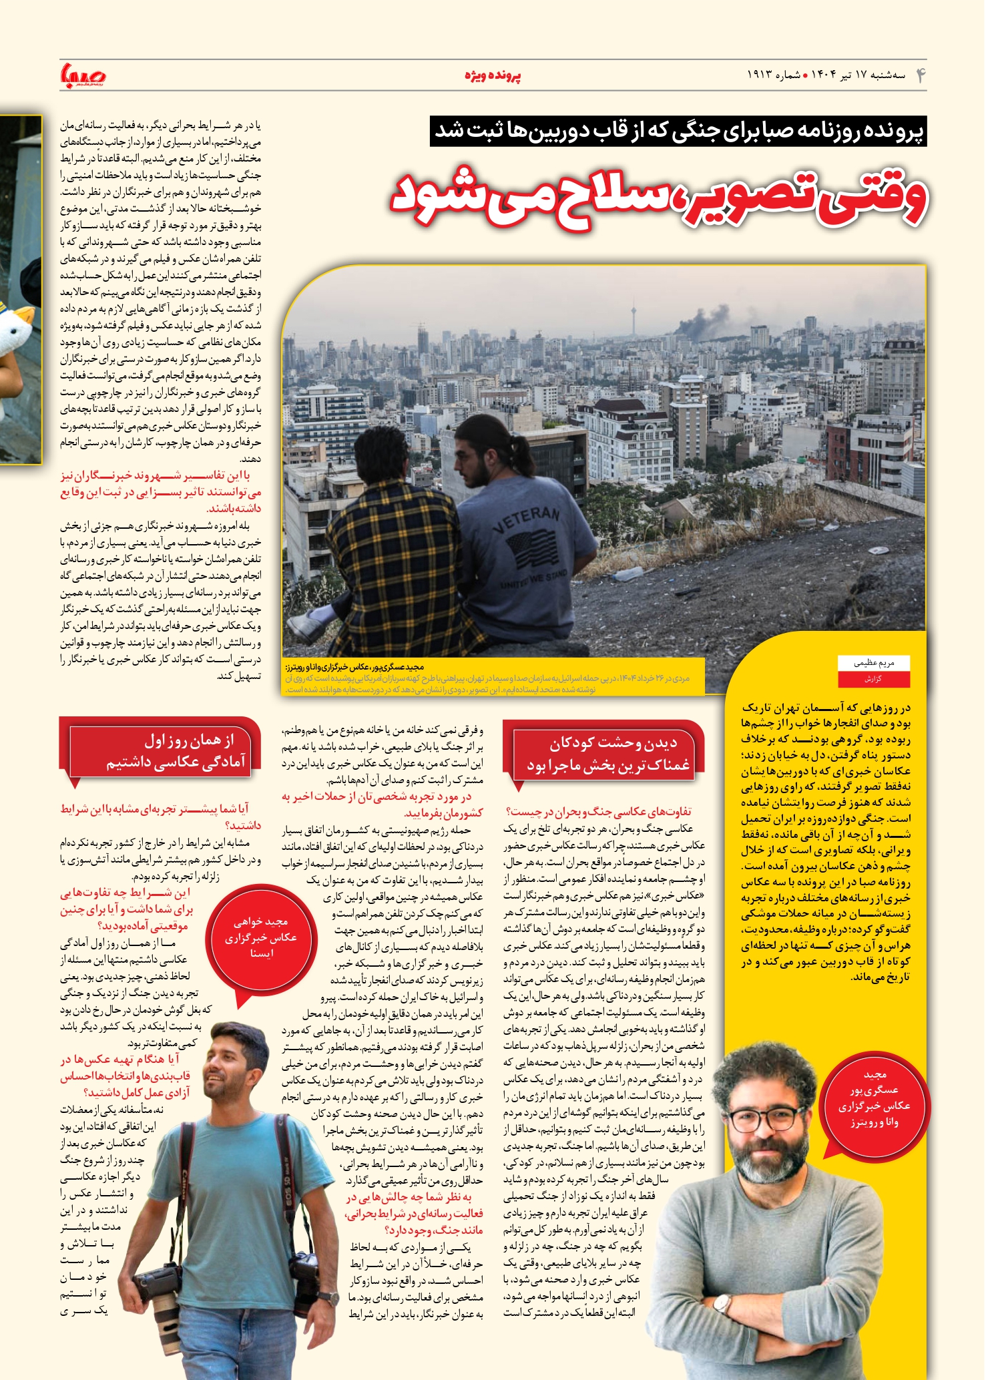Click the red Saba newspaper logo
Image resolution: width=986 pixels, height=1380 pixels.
82,75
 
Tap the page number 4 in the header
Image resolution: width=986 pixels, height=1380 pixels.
921,75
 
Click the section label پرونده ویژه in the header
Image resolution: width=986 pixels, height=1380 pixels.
493,75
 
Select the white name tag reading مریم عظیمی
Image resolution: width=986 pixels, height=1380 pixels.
874,663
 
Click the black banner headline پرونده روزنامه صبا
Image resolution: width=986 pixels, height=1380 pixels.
678,131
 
